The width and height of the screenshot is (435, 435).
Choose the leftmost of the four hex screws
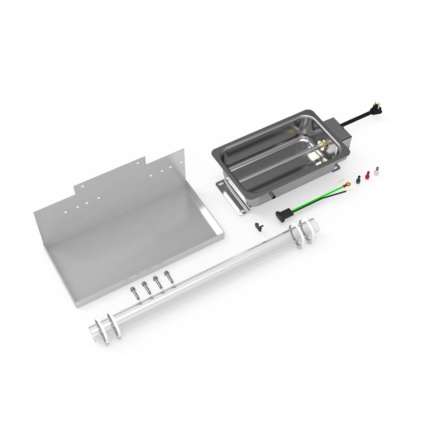coord(134,292)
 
